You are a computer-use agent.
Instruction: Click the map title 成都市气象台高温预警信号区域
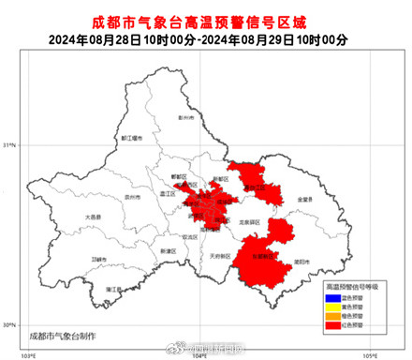click(205, 20)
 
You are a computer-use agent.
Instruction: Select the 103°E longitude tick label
click(30, 354)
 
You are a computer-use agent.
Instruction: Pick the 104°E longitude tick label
click(199, 354)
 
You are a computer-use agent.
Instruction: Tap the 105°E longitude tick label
click(369, 354)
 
